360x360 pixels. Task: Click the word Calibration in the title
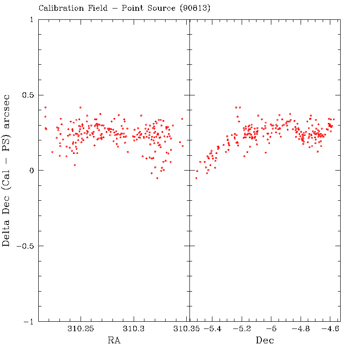[x=58, y=8]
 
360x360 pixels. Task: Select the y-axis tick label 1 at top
[x=31, y=20]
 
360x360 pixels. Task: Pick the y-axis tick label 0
[x=31, y=171]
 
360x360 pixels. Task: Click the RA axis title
[x=114, y=341]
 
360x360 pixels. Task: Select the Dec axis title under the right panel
[x=265, y=341]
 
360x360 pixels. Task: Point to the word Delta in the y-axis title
[x=7, y=231]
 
